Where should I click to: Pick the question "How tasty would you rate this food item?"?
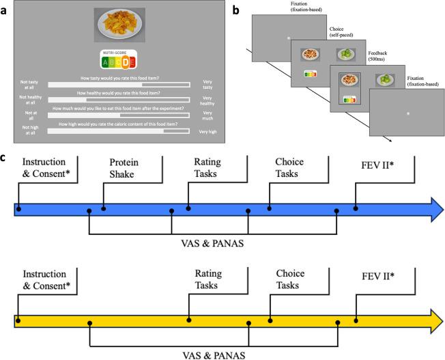tap(119, 77)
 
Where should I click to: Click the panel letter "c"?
tap(5, 158)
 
